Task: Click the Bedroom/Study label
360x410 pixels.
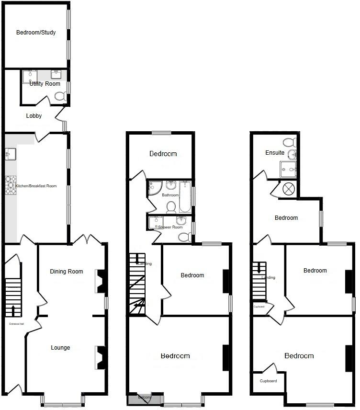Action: [36, 33]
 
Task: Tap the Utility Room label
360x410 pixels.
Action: [45, 84]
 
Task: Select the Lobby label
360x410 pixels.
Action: [34, 116]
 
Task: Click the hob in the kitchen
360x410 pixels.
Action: [11, 185]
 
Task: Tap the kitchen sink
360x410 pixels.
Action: [11, 154]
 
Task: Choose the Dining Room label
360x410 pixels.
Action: [67, 272]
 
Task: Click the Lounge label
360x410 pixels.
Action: [60, 348]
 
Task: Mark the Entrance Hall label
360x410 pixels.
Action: [16, 324]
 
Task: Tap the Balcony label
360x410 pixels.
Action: [145, 398]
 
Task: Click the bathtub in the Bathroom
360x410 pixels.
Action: [185, 196]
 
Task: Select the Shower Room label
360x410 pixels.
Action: [170, 227]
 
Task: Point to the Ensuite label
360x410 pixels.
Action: [275, 153]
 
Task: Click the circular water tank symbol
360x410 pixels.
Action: [289, 189]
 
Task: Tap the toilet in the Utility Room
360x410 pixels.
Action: [60, 96]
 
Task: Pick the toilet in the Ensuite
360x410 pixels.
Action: [289, 142]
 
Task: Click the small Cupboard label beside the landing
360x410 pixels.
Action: [259, 306]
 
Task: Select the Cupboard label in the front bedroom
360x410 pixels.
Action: [268, 381]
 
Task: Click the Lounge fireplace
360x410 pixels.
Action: [101, 357]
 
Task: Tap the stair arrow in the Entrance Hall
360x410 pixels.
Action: [13, 310]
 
